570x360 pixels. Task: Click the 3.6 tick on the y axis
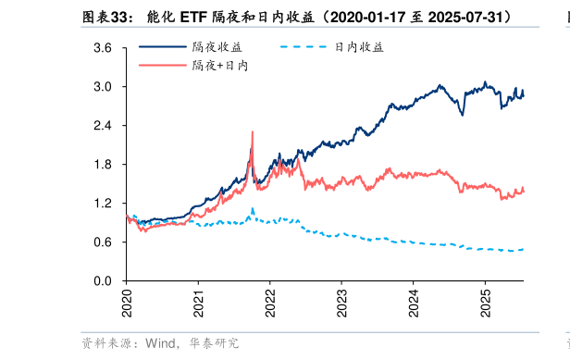pos(103,48)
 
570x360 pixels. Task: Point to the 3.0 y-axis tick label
pos(103,87)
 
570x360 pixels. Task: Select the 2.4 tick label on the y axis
pos(103,126)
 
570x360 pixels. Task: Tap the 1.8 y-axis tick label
pos(103,165)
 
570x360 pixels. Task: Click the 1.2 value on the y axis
pos(103,204)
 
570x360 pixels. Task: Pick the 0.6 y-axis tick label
pos(103,242)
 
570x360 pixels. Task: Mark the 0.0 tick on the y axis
pos(103,281)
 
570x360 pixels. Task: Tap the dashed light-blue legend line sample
pos(302,47)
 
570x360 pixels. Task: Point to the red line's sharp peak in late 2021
pos(252,132)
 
